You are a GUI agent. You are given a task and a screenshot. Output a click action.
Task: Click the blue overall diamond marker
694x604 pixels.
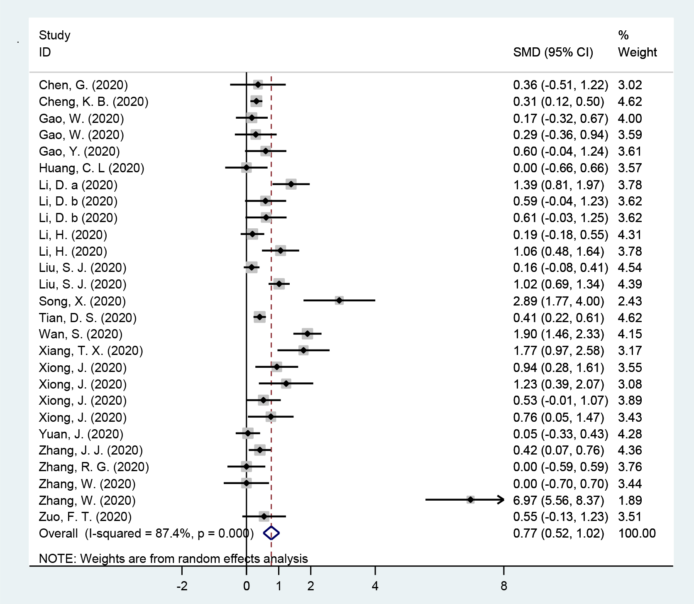tap(271, 533)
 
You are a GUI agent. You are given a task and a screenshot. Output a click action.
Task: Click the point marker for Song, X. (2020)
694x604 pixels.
tap(339, 301)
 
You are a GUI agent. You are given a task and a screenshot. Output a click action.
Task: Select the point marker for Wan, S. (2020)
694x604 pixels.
tap(307, 333)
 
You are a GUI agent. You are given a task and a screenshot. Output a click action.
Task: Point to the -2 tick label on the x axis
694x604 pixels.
tap(182, 586)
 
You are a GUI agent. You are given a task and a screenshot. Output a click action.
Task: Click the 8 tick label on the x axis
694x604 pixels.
tap(503, 586)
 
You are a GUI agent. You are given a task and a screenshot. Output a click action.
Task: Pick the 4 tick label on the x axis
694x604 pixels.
tap(375, 586)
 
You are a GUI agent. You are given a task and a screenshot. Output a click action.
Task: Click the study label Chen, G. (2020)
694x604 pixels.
tap(83, 85)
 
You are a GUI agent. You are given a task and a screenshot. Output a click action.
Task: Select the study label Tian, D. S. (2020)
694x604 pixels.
tap(88, 318)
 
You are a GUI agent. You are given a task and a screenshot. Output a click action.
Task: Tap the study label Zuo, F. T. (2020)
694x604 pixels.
tap(85, 517)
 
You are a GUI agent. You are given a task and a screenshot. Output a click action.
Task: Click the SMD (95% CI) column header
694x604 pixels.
tap(553, 52)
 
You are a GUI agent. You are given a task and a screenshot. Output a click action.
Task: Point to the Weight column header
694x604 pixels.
tap(637, 52)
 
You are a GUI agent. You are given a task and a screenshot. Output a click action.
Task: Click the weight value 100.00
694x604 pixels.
tap(637, 533)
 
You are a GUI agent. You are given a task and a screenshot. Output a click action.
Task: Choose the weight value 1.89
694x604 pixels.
tap(630, 500)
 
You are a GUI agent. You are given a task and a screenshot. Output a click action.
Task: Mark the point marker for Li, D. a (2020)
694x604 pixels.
tap(291, 184)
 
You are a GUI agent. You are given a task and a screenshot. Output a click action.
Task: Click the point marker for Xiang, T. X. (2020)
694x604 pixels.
tap(303, 350)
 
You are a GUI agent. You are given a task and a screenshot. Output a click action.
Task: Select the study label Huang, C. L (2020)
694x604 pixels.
tap(91, 168)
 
